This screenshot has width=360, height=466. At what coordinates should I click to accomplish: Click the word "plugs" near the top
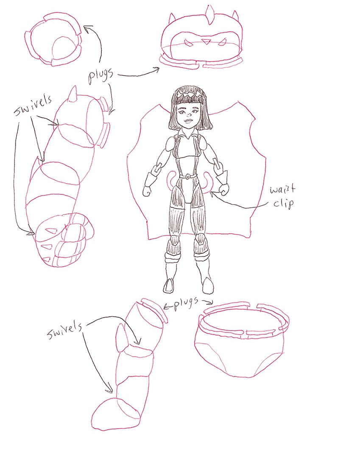101,75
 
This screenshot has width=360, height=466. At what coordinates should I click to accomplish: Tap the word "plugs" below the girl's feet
186,304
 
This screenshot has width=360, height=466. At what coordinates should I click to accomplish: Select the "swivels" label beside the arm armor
33,105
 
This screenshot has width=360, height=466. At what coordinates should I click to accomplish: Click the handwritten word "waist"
282,189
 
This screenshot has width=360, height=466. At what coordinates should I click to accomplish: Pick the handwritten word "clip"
284,204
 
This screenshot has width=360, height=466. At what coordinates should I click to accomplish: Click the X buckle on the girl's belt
188,176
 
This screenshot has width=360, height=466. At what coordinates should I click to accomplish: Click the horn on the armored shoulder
73,94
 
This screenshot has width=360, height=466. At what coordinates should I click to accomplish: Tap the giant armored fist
64,239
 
